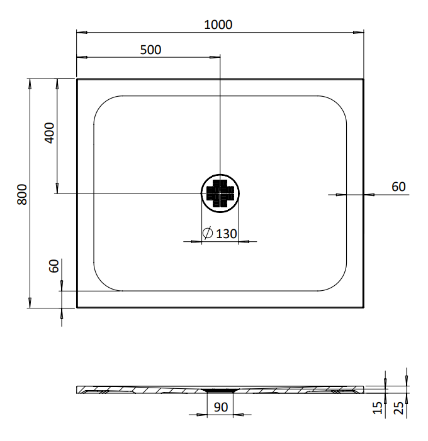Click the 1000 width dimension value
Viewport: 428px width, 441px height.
click(218, 24)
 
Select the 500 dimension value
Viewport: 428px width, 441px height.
click(150, 50)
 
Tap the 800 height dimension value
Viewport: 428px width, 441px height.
click(22, 194)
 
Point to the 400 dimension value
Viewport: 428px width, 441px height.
click(49, 133)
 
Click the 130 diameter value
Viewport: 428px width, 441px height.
click(226, 234)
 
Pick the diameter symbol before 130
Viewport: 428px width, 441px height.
click(208, 233)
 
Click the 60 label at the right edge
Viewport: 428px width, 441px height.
click(398, 187)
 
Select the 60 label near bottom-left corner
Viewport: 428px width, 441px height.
click(54, 266)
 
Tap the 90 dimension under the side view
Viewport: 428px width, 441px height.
click(221, 407)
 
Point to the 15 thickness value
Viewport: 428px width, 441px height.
click(378, 408)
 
